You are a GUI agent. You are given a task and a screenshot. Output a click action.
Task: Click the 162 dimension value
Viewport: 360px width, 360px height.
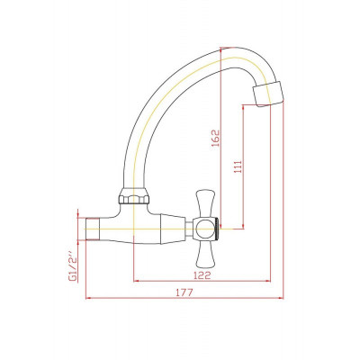coord(216,138)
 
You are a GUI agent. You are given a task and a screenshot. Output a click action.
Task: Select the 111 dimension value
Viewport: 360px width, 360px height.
coord(238,166)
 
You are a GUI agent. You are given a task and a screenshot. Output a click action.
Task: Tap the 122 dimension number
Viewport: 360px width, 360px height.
coord(202,275)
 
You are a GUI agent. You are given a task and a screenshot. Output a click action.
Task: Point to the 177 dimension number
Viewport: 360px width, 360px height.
coord(184,292)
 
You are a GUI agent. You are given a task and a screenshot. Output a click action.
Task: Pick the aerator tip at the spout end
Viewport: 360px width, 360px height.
coord(268,94)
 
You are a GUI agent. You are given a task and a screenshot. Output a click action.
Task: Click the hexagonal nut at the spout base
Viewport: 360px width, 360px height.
coord(134,196)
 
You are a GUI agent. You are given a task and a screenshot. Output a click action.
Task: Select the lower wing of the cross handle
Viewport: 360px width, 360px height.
coord(205,255)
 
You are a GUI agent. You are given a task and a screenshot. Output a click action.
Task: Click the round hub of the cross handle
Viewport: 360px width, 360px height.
coord(204,229)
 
